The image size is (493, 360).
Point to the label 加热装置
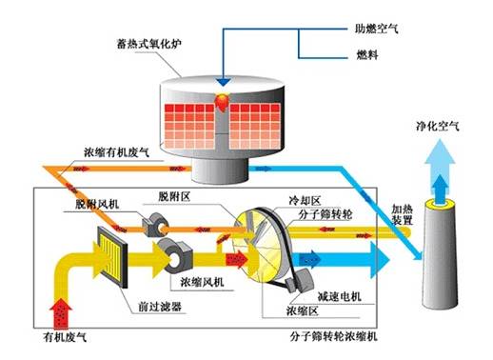(x=404, y=212)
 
